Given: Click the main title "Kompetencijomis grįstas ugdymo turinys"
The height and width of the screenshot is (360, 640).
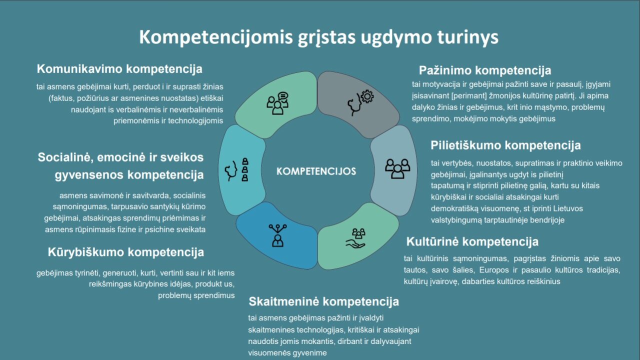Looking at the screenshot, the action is pyautogui.click(x=318, y=37).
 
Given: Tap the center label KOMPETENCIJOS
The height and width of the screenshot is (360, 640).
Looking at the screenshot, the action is pyautogui.click(x=316, y=171).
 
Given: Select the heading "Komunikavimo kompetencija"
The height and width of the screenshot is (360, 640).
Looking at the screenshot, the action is pyautogui.click(x=119, y=69).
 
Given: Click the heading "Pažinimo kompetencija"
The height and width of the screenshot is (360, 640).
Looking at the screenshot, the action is pyautogui.click(x=485, y=70).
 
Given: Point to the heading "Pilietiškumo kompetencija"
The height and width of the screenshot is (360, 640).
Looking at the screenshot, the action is pyautogui.click(x=505, y=145).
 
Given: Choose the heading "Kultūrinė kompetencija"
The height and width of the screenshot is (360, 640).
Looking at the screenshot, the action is pyautogui.click(x=472, y=241).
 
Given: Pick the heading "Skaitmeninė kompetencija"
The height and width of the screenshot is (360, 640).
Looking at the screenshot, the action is pyautogui.click(x=323, y=301).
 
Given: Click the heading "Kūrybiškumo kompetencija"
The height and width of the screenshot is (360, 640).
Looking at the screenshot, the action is pyautogui.click(x=125, y=252).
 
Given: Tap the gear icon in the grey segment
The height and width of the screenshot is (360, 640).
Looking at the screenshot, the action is pyautogui.click(x=367, y=96).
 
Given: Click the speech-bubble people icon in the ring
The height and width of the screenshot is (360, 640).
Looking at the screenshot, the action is pyautogui.click(x=277, y=103).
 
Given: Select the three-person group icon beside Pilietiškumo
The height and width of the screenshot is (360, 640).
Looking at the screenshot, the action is pyautogui.click(x=397, y=168).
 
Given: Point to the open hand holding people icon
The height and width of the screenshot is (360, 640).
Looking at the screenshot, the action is pyautogui.click(x=355, y=238).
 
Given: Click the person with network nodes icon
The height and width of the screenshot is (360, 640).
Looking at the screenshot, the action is pyautogui.click(x=277, y=235).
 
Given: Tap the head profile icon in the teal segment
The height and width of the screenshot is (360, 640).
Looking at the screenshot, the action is pyautogui.click(x=231, y=170).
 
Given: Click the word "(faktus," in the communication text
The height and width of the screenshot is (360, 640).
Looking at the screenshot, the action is pyautogui.click(x=61, y=98).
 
